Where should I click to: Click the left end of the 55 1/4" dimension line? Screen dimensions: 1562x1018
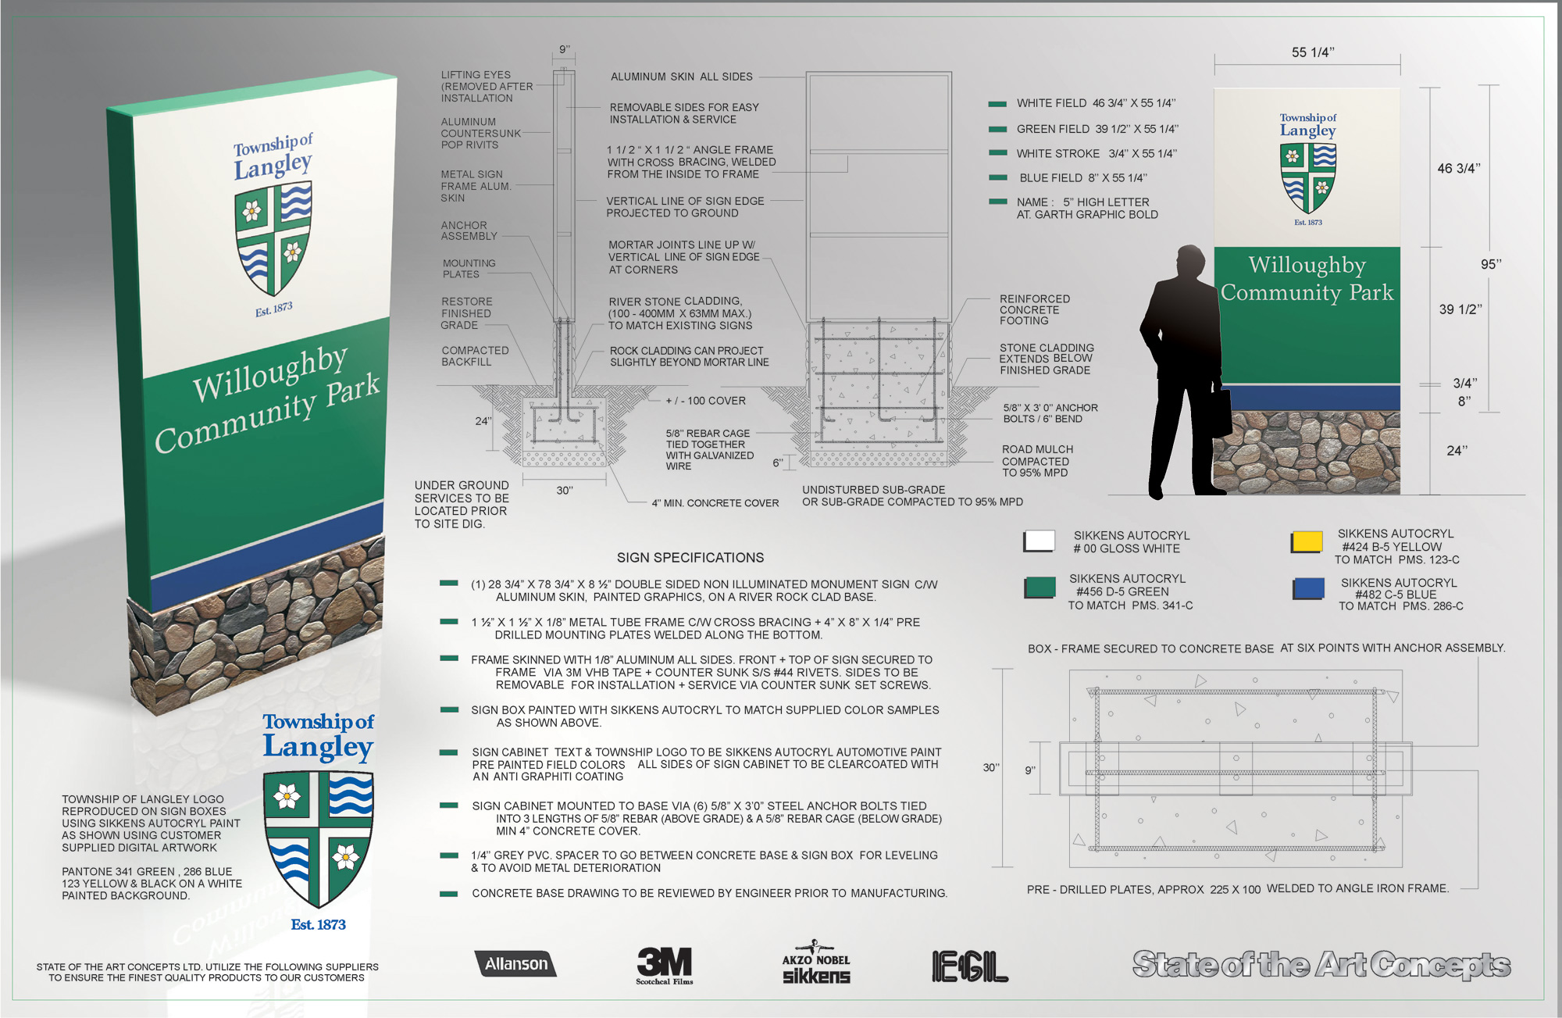tap(1214, 63)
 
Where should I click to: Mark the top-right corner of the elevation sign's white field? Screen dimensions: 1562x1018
tap(1400, 89)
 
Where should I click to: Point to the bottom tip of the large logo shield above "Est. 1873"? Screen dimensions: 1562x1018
tap(319, 907)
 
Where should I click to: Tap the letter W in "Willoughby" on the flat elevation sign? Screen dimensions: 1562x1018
tap(1259, 265)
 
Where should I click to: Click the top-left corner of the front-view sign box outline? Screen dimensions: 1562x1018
tap(807, 73)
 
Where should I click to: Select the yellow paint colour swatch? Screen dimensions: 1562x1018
tap(1307, 542)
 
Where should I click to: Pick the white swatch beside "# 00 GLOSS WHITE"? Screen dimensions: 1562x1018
tap(1039, 541)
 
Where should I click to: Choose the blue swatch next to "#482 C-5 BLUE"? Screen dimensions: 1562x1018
tap(1308, 588)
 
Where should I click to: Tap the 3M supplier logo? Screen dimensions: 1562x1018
tap(665, 966)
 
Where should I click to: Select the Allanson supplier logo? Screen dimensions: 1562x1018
tap(516, 964)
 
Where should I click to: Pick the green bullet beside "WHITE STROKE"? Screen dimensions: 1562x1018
tap(997, 153)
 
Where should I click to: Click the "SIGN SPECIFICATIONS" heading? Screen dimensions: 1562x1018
tap(690, 558)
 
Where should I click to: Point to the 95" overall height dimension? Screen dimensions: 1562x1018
tap(1491, 265)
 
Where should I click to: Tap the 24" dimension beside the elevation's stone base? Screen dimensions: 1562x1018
tap(1457, 451)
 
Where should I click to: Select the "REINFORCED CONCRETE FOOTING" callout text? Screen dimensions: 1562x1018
tap(1035, 310)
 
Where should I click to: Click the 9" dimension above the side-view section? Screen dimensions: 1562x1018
tap(565, 50)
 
